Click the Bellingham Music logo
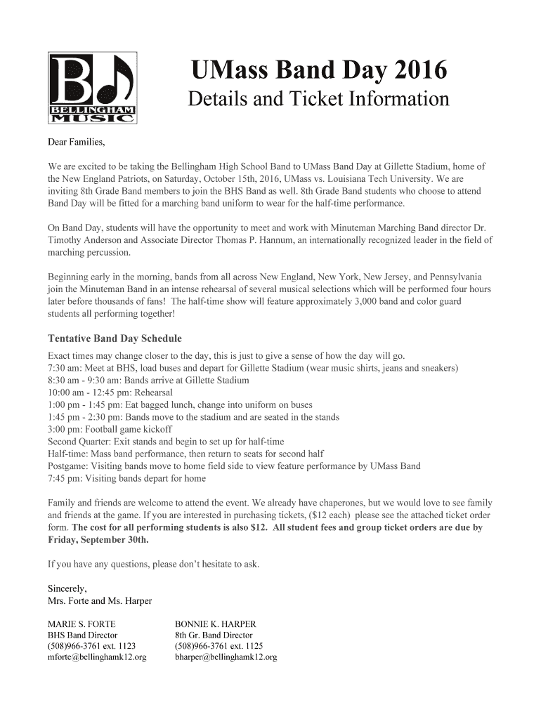click(92, 87)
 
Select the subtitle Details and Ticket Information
click(318, 99)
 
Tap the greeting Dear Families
click(76, 143)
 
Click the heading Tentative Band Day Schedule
click(115, 338)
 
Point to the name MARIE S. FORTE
click(82, 624)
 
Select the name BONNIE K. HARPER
click(215, 624)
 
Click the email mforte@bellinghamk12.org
click(96, 657)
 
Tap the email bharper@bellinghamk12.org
click(226, 657)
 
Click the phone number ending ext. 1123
click(91, 646)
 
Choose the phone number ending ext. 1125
click(219, 646)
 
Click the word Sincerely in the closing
click(67, 588)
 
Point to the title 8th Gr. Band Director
click(213, 635)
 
